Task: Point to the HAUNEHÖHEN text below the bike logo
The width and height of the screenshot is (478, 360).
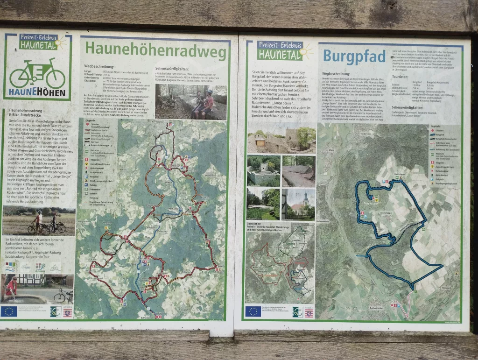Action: (x=37, y=92)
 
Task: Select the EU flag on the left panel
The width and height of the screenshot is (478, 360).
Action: (x=9, y=311)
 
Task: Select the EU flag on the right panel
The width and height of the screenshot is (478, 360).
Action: (x=253, y=311)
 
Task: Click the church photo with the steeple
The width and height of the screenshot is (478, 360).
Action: (x=298, y=205)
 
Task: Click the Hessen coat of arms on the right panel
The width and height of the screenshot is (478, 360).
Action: (x=309, y=312)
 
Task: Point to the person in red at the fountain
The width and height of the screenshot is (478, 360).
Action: (x=12, y=286)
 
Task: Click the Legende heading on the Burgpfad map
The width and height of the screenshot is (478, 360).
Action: (x=436, y=127)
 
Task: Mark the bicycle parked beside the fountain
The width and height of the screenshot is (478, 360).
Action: (x=63, y=295)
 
